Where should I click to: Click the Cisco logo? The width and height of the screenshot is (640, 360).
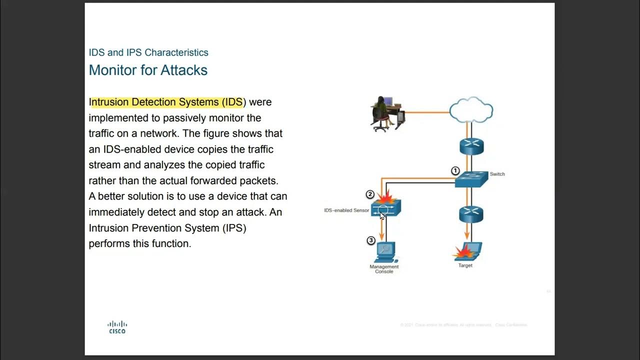click(117, 327)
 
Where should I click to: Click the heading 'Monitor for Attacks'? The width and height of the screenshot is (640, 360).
click(148, 70)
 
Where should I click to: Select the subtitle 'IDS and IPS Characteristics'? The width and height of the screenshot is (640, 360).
click(148, 52)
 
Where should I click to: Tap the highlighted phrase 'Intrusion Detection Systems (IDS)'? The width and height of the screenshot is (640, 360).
click(167, 102)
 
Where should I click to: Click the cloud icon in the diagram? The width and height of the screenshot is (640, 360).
click(471, 110)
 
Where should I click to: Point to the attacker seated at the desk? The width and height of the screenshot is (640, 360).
click(381, 113)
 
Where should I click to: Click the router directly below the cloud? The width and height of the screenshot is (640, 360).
click(471, 146)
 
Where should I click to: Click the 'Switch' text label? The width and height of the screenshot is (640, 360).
click(497, 174)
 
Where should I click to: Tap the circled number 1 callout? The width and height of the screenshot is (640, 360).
click(455, 171)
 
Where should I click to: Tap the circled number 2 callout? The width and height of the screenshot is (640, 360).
click(370, 194)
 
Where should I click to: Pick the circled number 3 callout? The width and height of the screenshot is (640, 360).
click(370, 240)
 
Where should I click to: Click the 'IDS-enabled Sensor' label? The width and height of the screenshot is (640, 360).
click(346, 210)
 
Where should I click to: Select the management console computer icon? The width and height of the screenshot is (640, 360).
click(385, 252)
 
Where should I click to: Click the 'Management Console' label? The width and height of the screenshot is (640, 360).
click(384, 269)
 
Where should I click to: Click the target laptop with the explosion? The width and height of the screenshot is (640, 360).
click(468, 251)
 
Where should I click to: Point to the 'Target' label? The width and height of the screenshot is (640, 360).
click(465, 265)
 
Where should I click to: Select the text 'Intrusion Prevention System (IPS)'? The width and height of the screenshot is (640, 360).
click(167, 228)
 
